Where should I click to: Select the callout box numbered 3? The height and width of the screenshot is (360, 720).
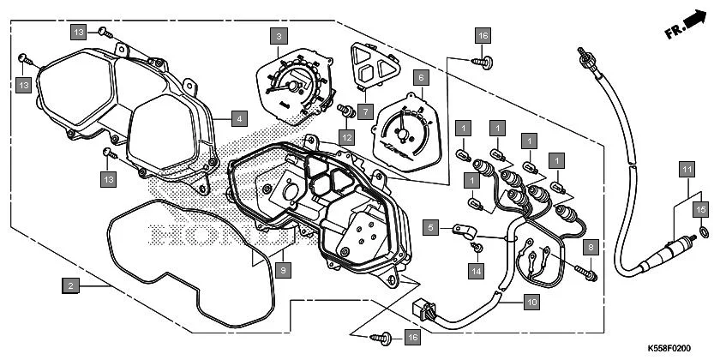(277, 36)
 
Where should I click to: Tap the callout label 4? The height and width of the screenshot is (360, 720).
(238, 118)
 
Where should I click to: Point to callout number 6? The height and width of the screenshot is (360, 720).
(420, 77)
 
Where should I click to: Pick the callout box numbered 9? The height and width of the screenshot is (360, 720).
(285, 268)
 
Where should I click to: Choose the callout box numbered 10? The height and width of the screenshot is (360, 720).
(531, 302)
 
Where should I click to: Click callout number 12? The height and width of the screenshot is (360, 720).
(346, 137)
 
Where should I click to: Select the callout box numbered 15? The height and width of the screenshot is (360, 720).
(699, 209)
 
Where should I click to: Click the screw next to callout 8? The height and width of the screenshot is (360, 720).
(590, 273)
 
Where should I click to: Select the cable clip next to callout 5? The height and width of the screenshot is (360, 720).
(463, 231)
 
